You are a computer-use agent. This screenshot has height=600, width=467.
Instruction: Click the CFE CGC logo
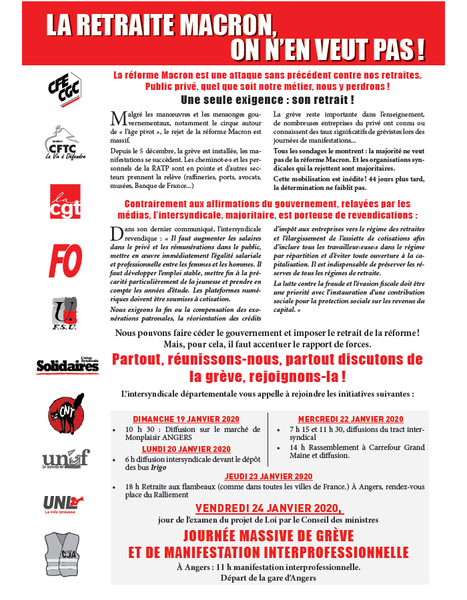(x=65, y=87)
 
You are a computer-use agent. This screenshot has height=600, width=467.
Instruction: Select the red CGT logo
(x=65, y=202)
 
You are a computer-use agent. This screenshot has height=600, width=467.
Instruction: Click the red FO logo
(x=65, y=260)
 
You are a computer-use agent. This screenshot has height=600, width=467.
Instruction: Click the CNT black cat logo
(x=66, y=413)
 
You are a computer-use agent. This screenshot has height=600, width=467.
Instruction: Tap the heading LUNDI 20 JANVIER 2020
(x=186, y=449)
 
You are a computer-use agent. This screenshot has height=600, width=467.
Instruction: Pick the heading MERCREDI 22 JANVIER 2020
(x=350, y=419)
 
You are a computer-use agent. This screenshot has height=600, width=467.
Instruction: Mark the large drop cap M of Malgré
(x=119, y=118)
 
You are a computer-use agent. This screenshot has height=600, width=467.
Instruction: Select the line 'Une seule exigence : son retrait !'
(x=268, y=100)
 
